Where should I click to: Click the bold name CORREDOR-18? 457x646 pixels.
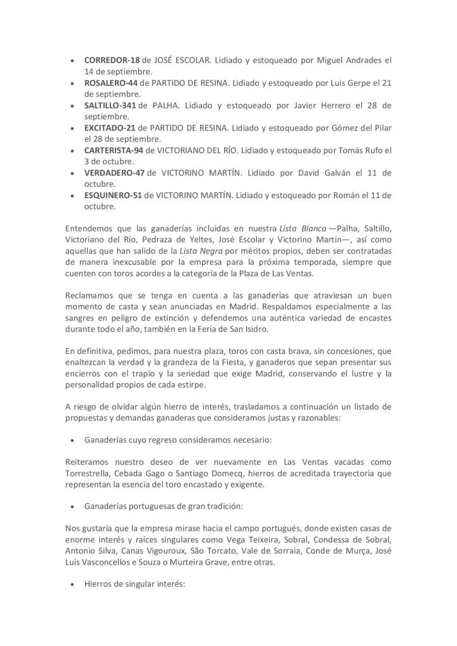click(x=112, y=61)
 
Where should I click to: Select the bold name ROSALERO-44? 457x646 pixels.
click(x=111, y=83)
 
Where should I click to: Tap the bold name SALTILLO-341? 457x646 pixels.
click(x=110, y=105)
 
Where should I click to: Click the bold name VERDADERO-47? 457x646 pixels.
click(x=114, y=173)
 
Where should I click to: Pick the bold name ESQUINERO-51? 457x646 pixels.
click(x=113, y=195)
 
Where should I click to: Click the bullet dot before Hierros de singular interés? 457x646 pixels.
click(x=73, y=585)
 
